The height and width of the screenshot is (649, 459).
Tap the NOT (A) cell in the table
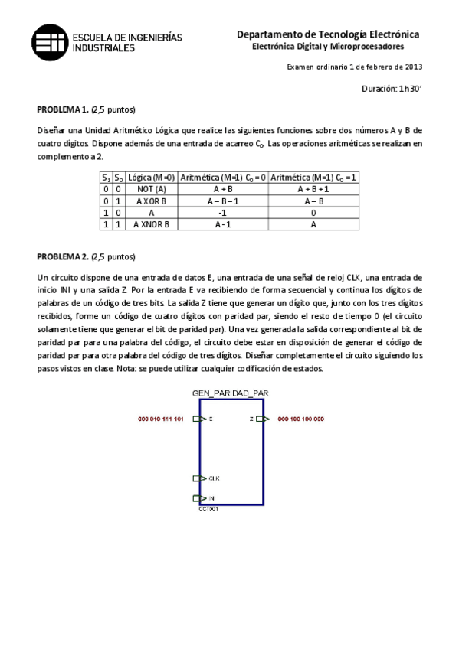pyautogui.click(x=150, y=188)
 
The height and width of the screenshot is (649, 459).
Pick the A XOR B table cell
pyautogui.click(x=150, y=201)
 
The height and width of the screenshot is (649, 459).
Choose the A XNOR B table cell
pyautogui.click(x=150, y=225)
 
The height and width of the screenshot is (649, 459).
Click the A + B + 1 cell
pyautogui.click(x=313, y=188)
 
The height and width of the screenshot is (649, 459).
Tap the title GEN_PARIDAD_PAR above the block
pyautogui.click(x=230, y=393)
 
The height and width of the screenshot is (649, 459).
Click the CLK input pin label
pyautogui.click(x=216, y=479)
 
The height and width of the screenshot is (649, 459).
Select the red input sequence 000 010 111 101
pyautogui.click(x=161, y=419)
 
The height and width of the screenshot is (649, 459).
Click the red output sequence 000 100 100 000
pyautogui.click(x=300, y=419)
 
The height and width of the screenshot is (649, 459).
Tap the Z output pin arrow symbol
pyautogui.click(x=262, y=419)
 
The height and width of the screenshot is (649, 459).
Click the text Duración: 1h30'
pyautogui.click(x=392, y=89)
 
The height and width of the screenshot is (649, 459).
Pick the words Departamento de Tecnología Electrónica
pyautogui.click(x=328, y=34)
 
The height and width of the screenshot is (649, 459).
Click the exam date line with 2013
pyautogui.click(x=354, y=67)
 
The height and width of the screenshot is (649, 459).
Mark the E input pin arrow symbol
pyautogui.click(x=198, y=419)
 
